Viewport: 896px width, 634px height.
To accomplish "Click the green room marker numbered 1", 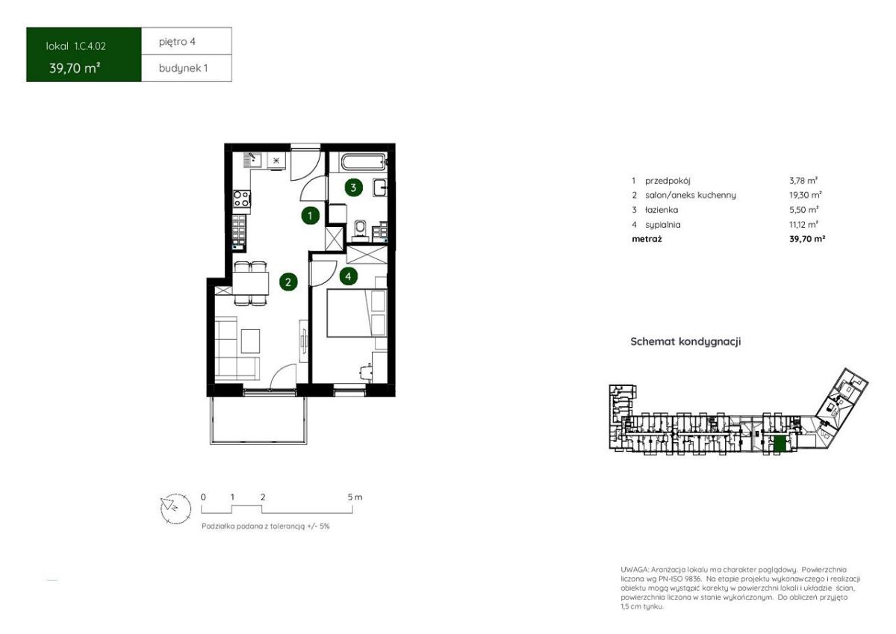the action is coord(310,217).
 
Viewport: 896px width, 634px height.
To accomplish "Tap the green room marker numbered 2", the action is coord(288,282).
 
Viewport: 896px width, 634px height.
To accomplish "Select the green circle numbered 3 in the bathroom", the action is coord(353,187).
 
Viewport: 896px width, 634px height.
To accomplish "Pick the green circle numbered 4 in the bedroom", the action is coord(348,276).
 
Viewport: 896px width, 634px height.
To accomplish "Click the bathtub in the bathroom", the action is coord(363,163).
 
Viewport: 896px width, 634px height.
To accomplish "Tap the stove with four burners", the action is coord(242,199).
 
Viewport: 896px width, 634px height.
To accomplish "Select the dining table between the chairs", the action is coord(250,284).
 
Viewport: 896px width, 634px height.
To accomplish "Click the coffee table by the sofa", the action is coord(250,341).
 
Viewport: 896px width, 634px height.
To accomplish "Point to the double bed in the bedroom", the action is coord(357,313).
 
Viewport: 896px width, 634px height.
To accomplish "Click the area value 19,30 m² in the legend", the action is coord(805,195).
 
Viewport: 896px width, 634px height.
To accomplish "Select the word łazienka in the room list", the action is coord(662,210).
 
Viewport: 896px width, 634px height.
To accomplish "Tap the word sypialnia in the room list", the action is coord(663,225).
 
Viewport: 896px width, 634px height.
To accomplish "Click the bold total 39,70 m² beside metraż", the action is coord(807,239).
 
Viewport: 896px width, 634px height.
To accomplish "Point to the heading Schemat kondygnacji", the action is coord(685,341).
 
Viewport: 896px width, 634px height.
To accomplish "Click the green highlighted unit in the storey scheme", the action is coord(780,444).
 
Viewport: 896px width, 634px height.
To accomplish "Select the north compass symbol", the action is coord(175,509).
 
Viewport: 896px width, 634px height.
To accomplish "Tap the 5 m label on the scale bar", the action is coord(355,497).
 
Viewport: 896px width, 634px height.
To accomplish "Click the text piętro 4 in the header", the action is coord(177,42).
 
